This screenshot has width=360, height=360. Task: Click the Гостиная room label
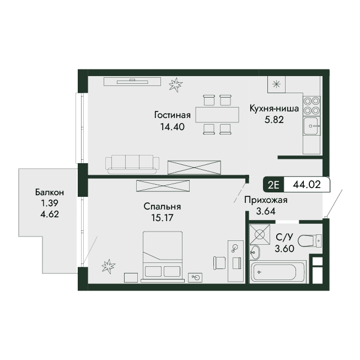[173, 115]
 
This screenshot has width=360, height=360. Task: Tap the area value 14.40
[173, 127]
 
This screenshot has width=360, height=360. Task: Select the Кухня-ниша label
[274, 109]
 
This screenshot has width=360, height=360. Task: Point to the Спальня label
[162, 206]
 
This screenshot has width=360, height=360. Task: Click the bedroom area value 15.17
[162, 218]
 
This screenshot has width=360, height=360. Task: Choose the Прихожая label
[266, 200]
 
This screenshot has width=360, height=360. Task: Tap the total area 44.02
[307, 184]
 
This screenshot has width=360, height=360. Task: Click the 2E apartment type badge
[273, 185]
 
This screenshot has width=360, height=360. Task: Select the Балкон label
[50, 192]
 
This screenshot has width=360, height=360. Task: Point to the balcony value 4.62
[50, 214]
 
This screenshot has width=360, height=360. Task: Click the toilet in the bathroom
[310, 241]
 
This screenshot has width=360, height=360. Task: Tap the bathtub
[278, 272]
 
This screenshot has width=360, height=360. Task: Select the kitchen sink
[311, 126]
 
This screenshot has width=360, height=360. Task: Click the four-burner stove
[311, 106]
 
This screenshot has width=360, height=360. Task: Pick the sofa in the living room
[132, 164]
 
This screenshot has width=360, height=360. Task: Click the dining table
[217, 115]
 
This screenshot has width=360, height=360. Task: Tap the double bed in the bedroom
[163, 257]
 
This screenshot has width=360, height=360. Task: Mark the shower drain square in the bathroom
[260, 234]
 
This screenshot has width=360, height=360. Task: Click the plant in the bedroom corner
[109, 266]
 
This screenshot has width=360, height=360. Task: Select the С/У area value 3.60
[284, 249]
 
